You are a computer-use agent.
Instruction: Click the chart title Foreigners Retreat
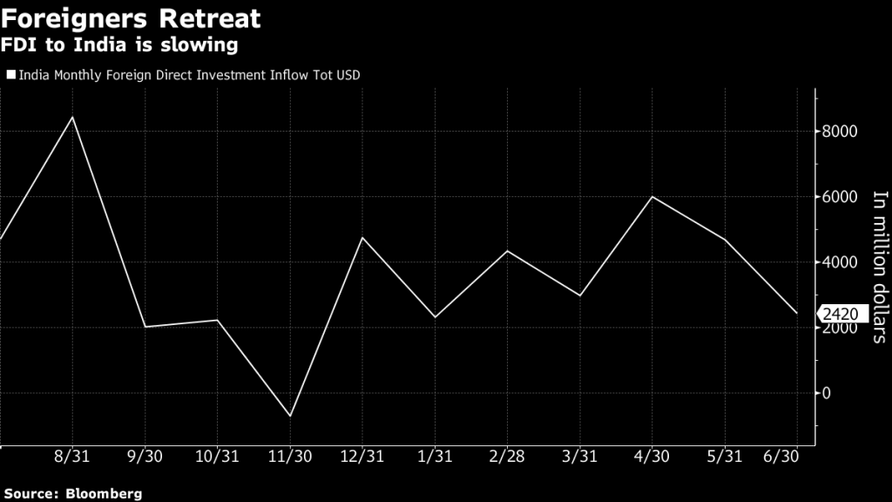(x=131, y=17)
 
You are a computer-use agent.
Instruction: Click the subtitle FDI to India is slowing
(x=120, y=44)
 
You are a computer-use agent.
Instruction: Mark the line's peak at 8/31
(x=72, y=117)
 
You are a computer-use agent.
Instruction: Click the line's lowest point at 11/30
(x=290, y=416)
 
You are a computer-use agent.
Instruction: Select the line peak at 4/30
(x=652, y=197)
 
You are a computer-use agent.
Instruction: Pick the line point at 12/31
(x=362, y=237)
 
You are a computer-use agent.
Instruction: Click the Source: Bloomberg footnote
(x=71, y=492)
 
